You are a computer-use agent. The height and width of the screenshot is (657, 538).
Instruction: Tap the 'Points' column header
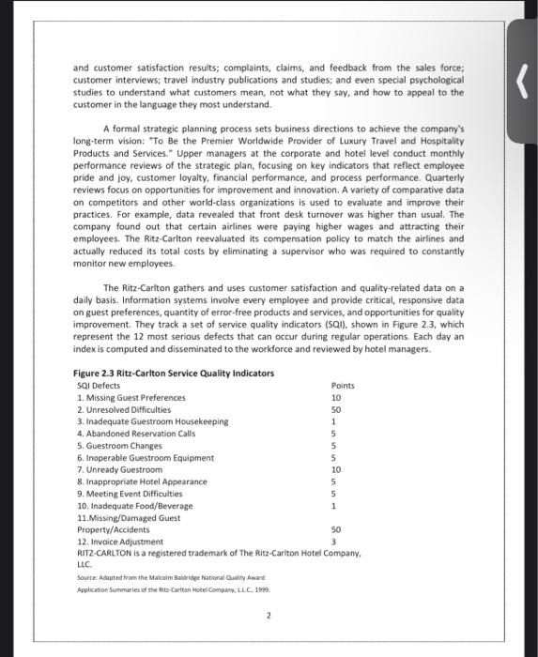coord(344,386)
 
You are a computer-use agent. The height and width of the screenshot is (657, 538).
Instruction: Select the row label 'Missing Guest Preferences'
coord(131,398)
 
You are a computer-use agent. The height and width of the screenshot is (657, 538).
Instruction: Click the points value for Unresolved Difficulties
coord(336,410)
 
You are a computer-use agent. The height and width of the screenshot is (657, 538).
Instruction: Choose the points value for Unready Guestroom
coord(336,469)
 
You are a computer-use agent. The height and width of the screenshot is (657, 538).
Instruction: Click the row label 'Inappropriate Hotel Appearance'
coord(142,481)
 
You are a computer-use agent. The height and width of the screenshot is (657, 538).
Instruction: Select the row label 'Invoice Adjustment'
coord(120,542)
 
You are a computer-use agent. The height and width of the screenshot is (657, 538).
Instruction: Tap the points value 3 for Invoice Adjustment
coord(334,542)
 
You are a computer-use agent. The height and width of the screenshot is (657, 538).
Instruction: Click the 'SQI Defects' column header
coord(99,386)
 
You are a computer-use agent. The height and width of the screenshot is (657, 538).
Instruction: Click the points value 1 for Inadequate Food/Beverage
coord(334,506)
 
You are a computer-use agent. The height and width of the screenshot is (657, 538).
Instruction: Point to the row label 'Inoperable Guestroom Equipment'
coord(145,458)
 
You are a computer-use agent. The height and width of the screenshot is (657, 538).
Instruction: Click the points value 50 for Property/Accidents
coord(336,530)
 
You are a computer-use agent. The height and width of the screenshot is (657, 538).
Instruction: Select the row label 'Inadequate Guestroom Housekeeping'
coord(152,421)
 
